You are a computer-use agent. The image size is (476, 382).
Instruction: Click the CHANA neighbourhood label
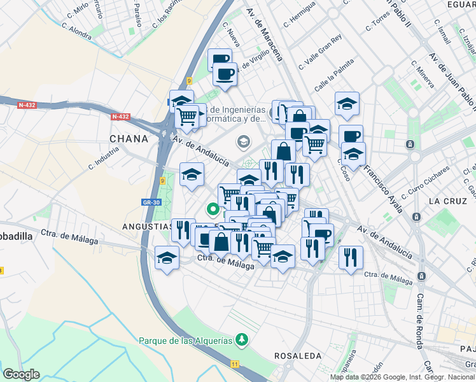129,138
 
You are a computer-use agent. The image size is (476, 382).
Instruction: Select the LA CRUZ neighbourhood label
443,201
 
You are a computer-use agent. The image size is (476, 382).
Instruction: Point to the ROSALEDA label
297,355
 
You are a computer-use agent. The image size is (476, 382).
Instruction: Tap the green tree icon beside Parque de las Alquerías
241,339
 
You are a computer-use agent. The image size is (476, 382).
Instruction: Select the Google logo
21,374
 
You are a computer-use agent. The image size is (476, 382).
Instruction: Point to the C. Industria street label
104,157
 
